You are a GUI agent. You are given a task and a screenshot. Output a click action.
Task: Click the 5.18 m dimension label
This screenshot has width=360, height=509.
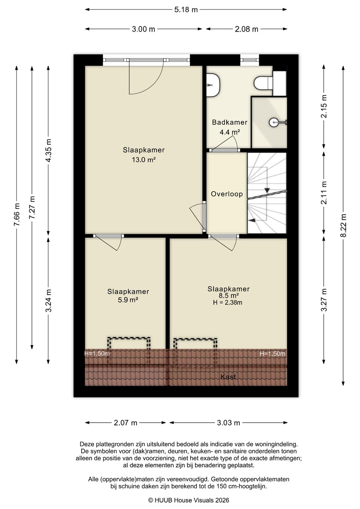point(186,10)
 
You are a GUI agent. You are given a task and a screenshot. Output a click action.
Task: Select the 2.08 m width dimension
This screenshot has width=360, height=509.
point(246,29)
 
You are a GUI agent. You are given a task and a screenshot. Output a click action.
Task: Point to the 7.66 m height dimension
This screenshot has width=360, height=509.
point(16,214)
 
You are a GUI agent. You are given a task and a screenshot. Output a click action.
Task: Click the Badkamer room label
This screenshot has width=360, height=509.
point(230,122)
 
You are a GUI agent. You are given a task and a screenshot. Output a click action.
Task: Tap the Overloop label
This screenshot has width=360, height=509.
point(227,194)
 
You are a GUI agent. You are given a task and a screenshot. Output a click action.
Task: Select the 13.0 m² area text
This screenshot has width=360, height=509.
point(144,160)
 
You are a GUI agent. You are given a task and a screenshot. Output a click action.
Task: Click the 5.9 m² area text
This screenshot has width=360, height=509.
point(128,300)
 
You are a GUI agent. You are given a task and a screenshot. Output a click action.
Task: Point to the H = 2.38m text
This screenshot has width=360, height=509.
point(227,303)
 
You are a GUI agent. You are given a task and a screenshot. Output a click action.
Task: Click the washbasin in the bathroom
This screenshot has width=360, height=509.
point(213,85)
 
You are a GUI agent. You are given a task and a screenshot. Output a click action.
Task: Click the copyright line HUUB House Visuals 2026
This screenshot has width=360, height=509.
point(188,500)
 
